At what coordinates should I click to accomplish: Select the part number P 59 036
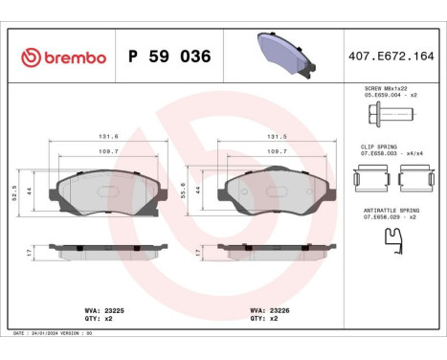coord(163,57)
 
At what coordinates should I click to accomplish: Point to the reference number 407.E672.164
coord(392,57)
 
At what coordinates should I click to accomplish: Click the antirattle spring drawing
coord(391,246)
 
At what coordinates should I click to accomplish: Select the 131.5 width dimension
coord(277,136)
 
